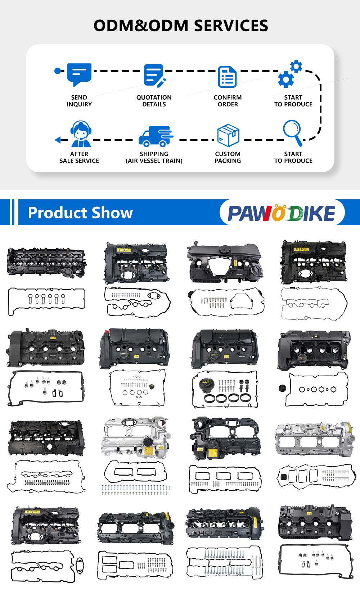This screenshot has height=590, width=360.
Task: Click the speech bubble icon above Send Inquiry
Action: [79, 74]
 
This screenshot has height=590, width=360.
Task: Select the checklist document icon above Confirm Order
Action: [227, 77]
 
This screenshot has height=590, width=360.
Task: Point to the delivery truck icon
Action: [156, 136]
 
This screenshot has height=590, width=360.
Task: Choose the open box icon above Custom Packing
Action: [228, 135]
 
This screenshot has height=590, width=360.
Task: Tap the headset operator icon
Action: [81, 134]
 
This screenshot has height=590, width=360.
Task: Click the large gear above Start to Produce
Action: [286, 80]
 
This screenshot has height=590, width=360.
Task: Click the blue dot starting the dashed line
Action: [58, 71]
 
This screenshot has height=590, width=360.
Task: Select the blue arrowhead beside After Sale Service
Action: [58, 140]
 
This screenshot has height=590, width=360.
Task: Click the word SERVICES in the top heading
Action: [231, 26]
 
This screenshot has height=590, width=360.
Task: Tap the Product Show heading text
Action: [80, 213]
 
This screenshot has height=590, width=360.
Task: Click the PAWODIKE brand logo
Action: [282, 212]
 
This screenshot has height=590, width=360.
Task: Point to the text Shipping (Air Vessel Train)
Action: [154, 157]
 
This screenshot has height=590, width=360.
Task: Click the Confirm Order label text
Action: [228, 101]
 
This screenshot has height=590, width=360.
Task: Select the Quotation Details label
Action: [154, 101]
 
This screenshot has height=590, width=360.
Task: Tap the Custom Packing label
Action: [228, 157]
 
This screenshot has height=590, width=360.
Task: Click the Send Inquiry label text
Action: [79, 101]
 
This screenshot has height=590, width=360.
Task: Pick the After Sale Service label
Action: [79, 157]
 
